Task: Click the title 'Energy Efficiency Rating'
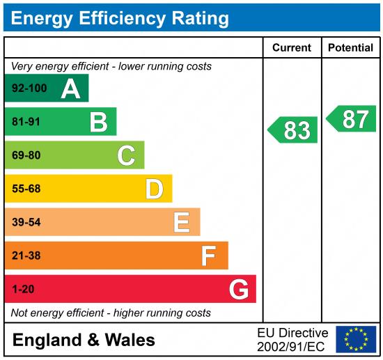click(120, 17)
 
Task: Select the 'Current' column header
click(291, 48)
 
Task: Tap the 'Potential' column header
click(351, 48)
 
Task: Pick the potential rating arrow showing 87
click(352, 119)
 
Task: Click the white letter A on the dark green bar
click(70, 88)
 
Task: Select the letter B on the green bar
click(98, 123)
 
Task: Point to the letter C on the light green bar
click(126, 155)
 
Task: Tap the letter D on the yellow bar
click(154, 189)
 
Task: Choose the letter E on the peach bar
click(182, 222)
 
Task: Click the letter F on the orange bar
click(208, 256)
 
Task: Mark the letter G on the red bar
click(239, 289)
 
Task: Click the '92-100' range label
click(28, 88)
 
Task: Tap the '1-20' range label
click(23, 289)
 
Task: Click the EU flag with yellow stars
click(355, 339)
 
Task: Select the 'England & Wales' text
click(84, 340)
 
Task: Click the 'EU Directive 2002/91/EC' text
click(292, 339)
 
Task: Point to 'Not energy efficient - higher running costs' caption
click(111, 313)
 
